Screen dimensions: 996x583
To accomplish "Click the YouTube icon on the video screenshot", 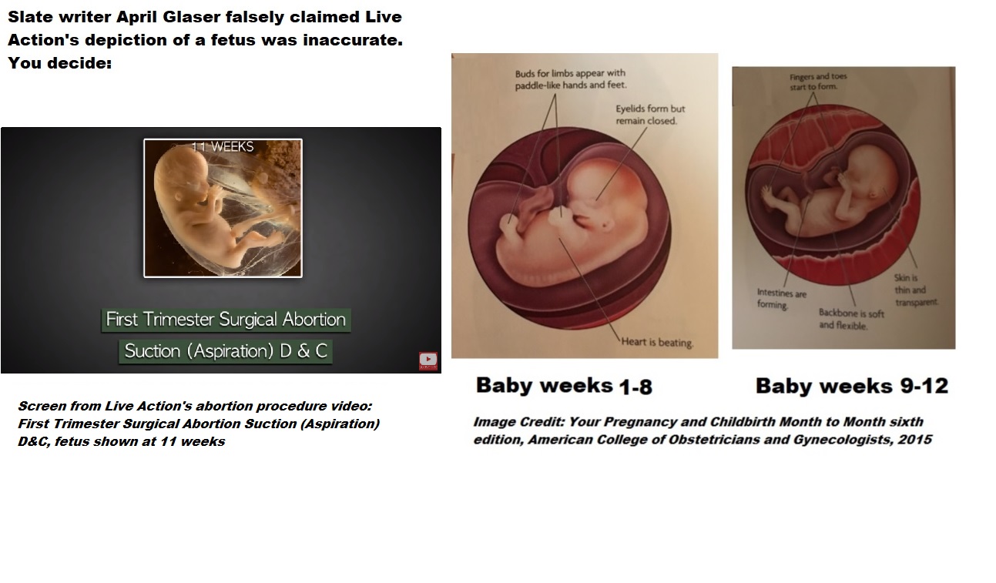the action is (x=428, y=360).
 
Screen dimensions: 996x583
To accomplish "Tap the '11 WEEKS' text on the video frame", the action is (x=223, y=147).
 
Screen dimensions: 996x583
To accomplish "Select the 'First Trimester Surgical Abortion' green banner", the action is (x=226, y=320).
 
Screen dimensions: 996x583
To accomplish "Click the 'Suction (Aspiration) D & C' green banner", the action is (x=226, y=351).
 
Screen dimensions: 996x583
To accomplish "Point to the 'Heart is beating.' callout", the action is (x=657, y=342).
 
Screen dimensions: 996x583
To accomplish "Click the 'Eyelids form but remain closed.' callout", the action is (x=650, y=115).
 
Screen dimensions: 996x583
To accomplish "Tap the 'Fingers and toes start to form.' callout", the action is (x=818, y=82).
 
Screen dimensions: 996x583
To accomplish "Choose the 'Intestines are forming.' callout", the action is (x=781, y=299).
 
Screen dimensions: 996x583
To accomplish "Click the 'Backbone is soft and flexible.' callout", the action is (x=851, y=320).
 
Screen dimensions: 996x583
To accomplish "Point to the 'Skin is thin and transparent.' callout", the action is (x=916, y=290).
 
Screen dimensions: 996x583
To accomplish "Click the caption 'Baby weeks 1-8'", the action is (x=564, y=386).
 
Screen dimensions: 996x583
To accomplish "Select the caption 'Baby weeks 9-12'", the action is (x=851, y=386).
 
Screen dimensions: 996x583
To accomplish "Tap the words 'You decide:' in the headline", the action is (x=59, y=62).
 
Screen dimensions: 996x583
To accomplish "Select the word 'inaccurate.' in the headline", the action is (x=353, y=40).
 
